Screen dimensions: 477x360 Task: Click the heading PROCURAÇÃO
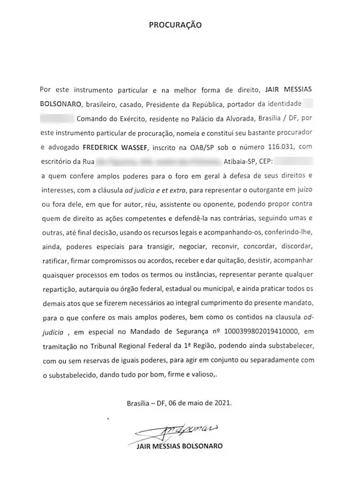click(175, 25)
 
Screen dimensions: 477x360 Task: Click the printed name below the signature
click(179, 446)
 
